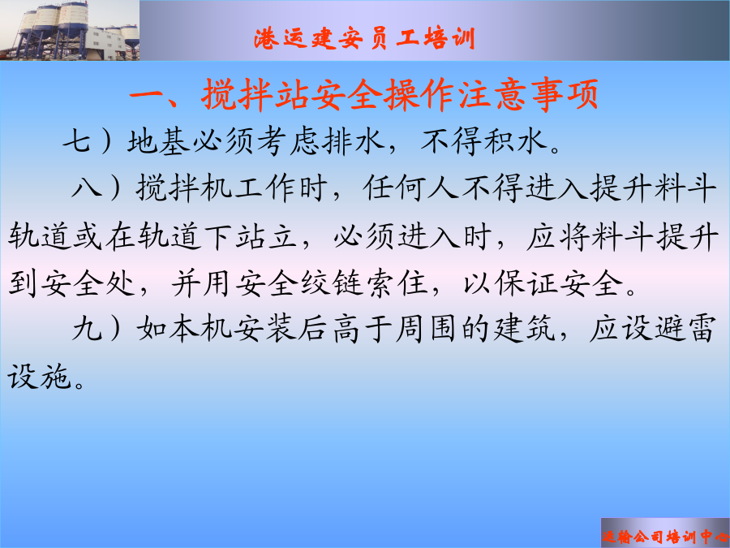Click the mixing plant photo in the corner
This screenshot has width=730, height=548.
tap(70, 30)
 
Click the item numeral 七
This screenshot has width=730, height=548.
tap(76, 140)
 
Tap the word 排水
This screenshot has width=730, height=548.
tap(354, 141)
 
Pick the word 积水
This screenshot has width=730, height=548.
tap(515, 141)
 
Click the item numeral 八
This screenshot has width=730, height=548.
tap(87, 188)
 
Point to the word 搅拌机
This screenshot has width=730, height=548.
tap(184, 188)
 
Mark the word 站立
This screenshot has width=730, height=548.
tap(266, 235)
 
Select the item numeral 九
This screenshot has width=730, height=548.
tap(87, 329)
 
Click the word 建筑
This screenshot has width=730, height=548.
tap(525, 329)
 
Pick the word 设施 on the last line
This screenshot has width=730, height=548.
tap(40, 376)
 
